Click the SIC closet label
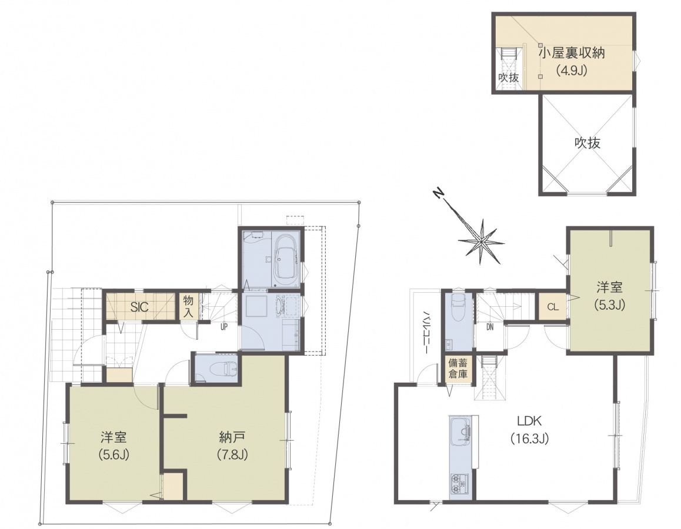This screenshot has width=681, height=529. (139, 307)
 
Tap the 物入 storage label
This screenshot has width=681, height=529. (188, 306)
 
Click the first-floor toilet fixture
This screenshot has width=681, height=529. (222, 369)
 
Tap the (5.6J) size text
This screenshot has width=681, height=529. (113, 454)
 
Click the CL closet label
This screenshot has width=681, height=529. (552, 307)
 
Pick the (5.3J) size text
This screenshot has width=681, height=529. (609, 304)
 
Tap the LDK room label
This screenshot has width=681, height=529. (529, 420)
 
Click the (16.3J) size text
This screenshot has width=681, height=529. (529, 438)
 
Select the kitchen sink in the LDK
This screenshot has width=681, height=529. (459, 431)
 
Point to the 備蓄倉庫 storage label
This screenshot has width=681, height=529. (458, 369)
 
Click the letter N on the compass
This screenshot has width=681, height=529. (439, 193)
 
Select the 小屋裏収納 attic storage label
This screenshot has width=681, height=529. (572, 53)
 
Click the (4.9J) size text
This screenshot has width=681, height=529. (572, 71)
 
